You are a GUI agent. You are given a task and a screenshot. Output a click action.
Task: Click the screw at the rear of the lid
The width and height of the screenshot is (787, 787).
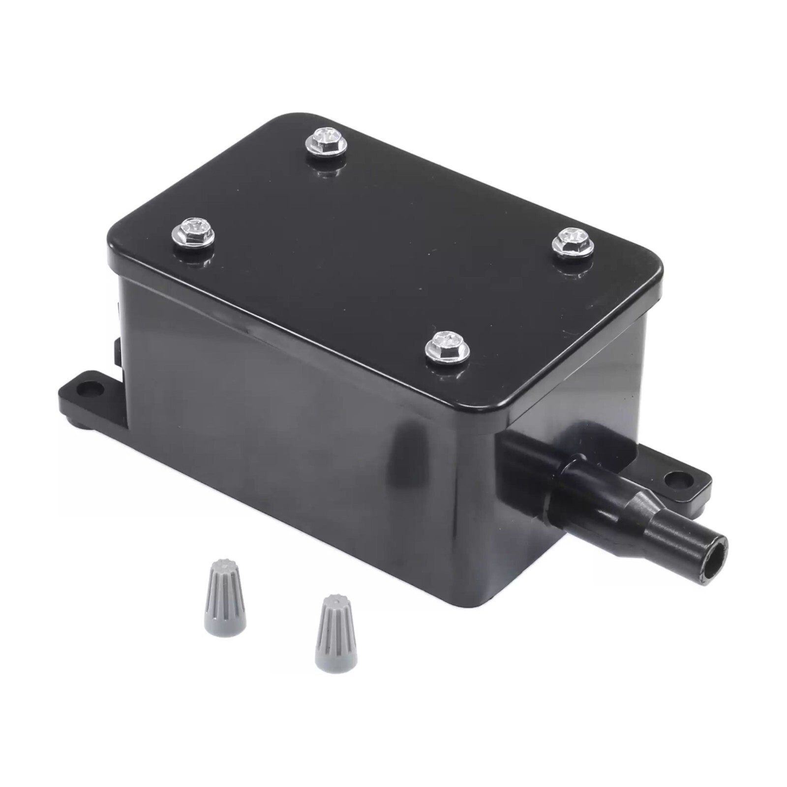tap(323, 141)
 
